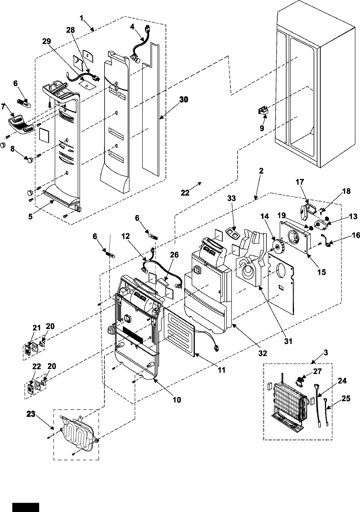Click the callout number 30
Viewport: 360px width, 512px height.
184,100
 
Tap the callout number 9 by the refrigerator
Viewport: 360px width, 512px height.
262,128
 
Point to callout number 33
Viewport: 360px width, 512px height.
231,198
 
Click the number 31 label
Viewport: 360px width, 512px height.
288,341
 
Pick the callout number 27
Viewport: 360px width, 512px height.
317,371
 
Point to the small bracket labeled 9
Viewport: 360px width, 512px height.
263,111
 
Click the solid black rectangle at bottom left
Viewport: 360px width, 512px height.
26,507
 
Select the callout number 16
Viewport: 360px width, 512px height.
356,235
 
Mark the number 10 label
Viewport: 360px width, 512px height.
177,400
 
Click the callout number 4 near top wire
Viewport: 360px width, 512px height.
132,26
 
